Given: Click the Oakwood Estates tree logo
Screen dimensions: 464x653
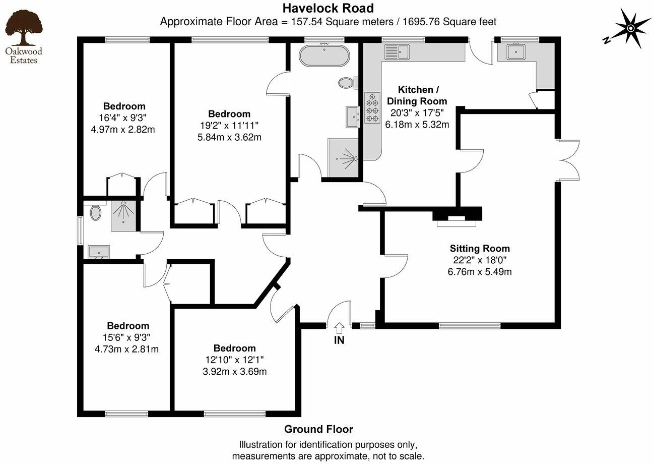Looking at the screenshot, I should [x=23, y=30].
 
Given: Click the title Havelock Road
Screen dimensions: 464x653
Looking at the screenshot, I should [x=328, y=8].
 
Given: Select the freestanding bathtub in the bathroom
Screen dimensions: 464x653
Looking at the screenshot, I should [x=324, y=55].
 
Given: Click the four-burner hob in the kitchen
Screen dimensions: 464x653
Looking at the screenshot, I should [x=372, y=106].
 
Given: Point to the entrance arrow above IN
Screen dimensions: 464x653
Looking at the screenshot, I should [x=339, y=328].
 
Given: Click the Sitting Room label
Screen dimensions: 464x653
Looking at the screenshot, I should [x=479, y=248].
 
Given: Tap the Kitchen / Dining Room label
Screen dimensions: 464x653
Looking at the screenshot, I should [x=416, y=95].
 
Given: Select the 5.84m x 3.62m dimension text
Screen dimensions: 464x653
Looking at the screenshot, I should [x=229, y=137].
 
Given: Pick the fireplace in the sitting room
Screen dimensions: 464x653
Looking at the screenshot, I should [x=457, y=216].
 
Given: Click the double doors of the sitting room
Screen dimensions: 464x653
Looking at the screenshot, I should [x=568, y=160].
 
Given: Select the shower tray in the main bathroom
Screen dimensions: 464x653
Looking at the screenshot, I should [x=343, y=158].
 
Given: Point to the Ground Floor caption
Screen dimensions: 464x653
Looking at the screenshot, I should [x=318, y=429].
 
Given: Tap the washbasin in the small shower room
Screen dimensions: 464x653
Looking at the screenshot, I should [x=99, y=251].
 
